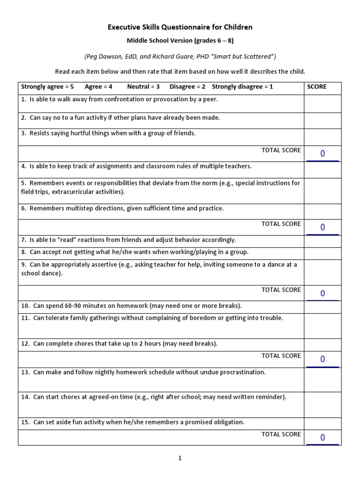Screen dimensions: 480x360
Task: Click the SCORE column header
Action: [x=316, y=87]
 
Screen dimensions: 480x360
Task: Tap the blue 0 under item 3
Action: [x=322, y=153]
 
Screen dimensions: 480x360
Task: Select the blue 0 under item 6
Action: [x=322, y=227]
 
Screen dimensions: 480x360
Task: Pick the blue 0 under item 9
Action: [x=322, y=293]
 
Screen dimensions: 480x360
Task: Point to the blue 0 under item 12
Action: [x=322, y=359]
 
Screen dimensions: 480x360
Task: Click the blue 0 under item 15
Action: [x=322, y=438]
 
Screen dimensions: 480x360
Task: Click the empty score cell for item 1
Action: [x=322, y=103]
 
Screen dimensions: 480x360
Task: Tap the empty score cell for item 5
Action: [x=322, y=190]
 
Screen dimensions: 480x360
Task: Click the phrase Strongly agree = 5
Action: [x=47, y=87]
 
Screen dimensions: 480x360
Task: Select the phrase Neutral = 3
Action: [x=143, y=87]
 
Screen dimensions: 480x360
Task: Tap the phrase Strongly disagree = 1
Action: [x=242, y=87]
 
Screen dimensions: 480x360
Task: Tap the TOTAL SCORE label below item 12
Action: [x=281, y=356]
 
